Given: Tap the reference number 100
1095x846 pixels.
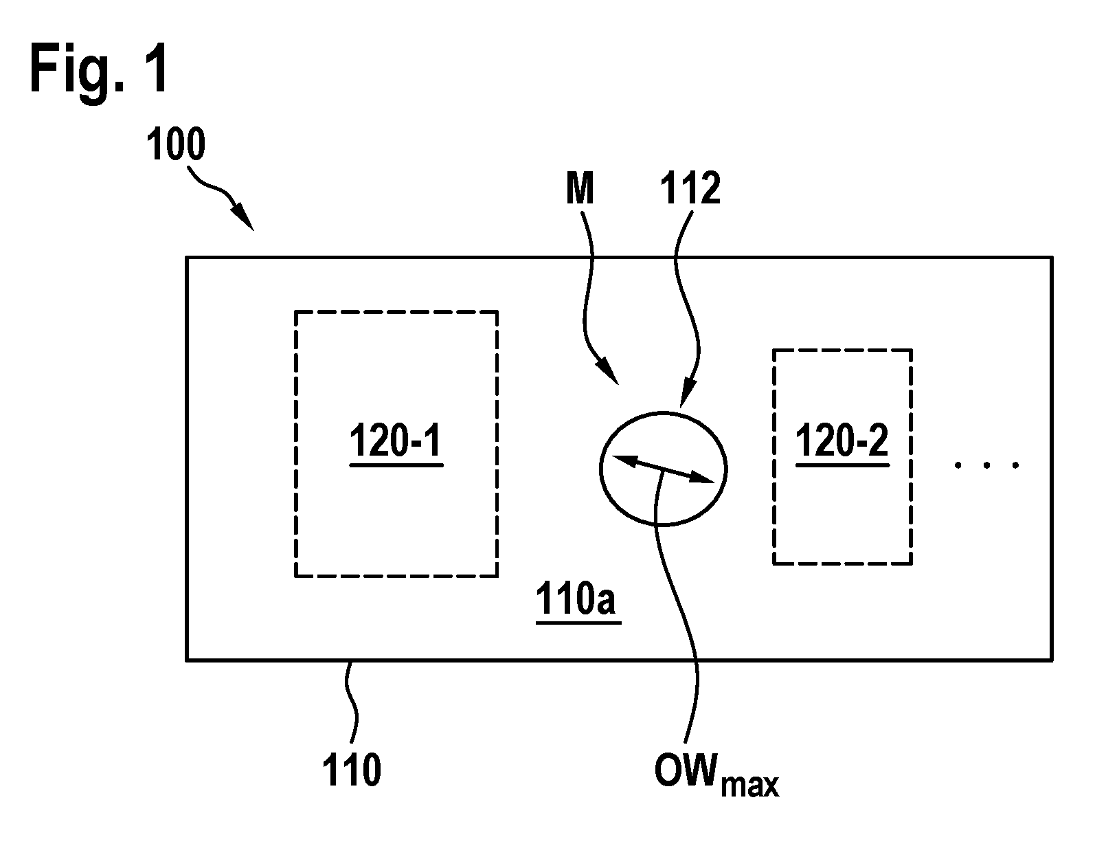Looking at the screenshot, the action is point(176,144).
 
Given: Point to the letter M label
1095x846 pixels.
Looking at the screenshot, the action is point(580,188).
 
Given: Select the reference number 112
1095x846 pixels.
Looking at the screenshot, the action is point(690,188).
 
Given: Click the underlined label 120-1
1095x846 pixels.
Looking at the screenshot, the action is point(396,441).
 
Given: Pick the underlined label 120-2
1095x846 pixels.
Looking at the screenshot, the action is point(842,441).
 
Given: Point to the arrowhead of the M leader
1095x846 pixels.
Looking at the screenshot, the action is point(607,372).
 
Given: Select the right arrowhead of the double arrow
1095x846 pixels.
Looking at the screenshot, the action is point(701,477).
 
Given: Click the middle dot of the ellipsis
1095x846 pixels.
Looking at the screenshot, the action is point(987,465).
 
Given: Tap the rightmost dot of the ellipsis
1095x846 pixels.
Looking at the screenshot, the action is point(1015,465).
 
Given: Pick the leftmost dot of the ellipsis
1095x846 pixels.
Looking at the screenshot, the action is point(958,465).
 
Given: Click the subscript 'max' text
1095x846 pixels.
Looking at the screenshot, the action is point(750,785).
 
